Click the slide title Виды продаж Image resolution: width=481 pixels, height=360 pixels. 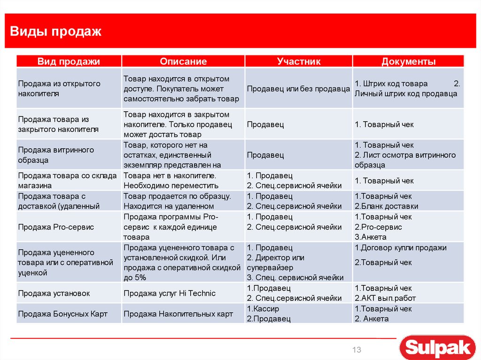[x=56, y=31]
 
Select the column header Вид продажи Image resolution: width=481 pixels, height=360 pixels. [x=69, y=61]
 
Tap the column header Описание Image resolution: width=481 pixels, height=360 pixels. [x=183, y=61]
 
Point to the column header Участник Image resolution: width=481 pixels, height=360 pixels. [x=299, y=61]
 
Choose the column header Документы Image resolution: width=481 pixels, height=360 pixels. [x=408, y=61]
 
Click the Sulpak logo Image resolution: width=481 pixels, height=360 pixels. [x=438, y=348]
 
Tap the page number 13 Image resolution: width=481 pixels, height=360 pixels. [x=357, y=350]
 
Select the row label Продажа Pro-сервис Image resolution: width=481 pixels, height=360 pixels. [x=56, y=227]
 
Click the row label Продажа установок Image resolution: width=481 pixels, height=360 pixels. [x=54, y=293]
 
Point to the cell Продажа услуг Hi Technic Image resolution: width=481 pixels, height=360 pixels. [x=170, y=293]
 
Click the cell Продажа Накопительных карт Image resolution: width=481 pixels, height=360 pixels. [x=178, y=314]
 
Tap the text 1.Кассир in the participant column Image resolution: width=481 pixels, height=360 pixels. [x=263, y=309]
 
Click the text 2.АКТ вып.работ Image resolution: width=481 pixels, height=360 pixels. [x=385, y=299]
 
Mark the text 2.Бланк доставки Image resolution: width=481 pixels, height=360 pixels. [x=386, y=206]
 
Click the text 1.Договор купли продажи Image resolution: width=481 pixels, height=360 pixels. [x=400, y=248]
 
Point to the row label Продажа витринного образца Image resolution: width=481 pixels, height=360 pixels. [x=56, y=155]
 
